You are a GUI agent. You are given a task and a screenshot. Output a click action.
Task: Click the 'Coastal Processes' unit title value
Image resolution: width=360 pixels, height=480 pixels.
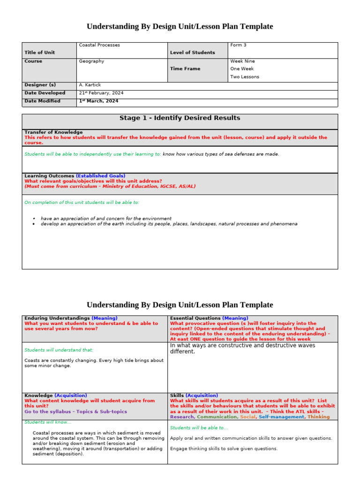tap(99, 45)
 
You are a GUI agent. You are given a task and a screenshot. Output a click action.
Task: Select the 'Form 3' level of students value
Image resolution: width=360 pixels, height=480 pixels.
tap(238, 45)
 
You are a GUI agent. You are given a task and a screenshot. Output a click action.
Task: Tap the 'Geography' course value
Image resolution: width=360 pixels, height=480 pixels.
tap(91, 61)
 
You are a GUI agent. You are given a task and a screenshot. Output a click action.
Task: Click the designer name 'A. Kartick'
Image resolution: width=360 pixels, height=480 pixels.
tap(90, 85)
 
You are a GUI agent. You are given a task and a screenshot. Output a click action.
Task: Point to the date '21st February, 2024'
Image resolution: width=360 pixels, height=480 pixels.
tap(100, 93)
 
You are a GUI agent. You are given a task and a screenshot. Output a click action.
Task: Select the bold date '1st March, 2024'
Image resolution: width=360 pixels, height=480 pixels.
tap(98, 101)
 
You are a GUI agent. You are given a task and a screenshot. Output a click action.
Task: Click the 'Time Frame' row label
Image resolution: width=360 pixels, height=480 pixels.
tap(185, 68)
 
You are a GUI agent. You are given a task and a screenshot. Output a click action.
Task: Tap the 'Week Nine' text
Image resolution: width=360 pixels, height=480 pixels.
tap(242, 61)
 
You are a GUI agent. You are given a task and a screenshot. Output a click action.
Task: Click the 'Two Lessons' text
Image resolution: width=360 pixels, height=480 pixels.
tap(244, 77)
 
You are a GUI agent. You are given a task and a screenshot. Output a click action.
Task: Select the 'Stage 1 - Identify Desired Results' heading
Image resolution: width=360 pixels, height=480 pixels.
tap(180, 118)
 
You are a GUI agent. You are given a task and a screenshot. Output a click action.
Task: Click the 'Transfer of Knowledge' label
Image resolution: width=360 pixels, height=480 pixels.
tap(53, 132)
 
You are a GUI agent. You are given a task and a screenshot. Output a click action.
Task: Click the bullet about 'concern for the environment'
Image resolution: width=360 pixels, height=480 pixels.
tap(106, 218)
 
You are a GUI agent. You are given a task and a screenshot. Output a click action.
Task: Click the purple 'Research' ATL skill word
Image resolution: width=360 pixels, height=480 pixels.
tap(182, 417)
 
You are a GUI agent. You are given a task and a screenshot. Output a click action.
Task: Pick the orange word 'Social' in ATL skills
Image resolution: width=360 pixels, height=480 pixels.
tap(247, 417)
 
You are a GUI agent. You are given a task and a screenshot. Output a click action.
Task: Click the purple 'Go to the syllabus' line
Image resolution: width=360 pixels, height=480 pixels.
tap(75, 412)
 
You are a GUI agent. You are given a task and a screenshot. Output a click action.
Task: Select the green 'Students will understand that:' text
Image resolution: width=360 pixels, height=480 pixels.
tap(59, 350)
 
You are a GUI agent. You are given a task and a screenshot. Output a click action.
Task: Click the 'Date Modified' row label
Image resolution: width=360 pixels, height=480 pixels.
tap(42, 101)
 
